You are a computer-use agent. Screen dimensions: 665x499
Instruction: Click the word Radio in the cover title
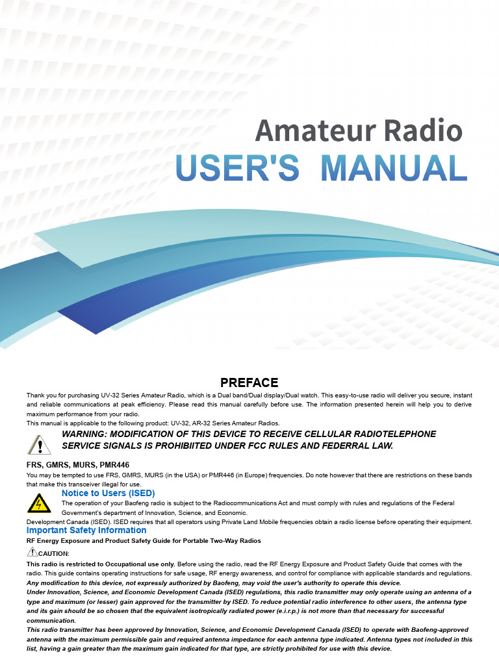[423, 131]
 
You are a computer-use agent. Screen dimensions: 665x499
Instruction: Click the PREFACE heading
[249, 383]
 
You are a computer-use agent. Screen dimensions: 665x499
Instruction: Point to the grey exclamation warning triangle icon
[40, 444]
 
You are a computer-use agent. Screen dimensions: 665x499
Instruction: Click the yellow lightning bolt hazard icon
[40, 503]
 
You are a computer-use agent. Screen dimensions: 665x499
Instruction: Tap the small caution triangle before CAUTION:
[32, 552]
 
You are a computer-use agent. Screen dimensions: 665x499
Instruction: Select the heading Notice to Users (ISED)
[108, 493]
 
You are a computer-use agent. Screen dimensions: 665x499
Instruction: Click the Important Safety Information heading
[86, 530]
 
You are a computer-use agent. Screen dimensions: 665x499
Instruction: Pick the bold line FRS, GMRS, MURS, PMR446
[78, 465]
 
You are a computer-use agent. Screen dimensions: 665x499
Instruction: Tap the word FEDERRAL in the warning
[334, 446]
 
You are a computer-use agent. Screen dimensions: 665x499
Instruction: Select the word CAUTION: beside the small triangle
[54, 553]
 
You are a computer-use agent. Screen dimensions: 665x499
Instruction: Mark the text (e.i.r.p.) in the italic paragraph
[298, 611]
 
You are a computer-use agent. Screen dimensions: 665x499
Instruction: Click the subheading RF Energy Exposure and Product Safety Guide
[143, 540]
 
